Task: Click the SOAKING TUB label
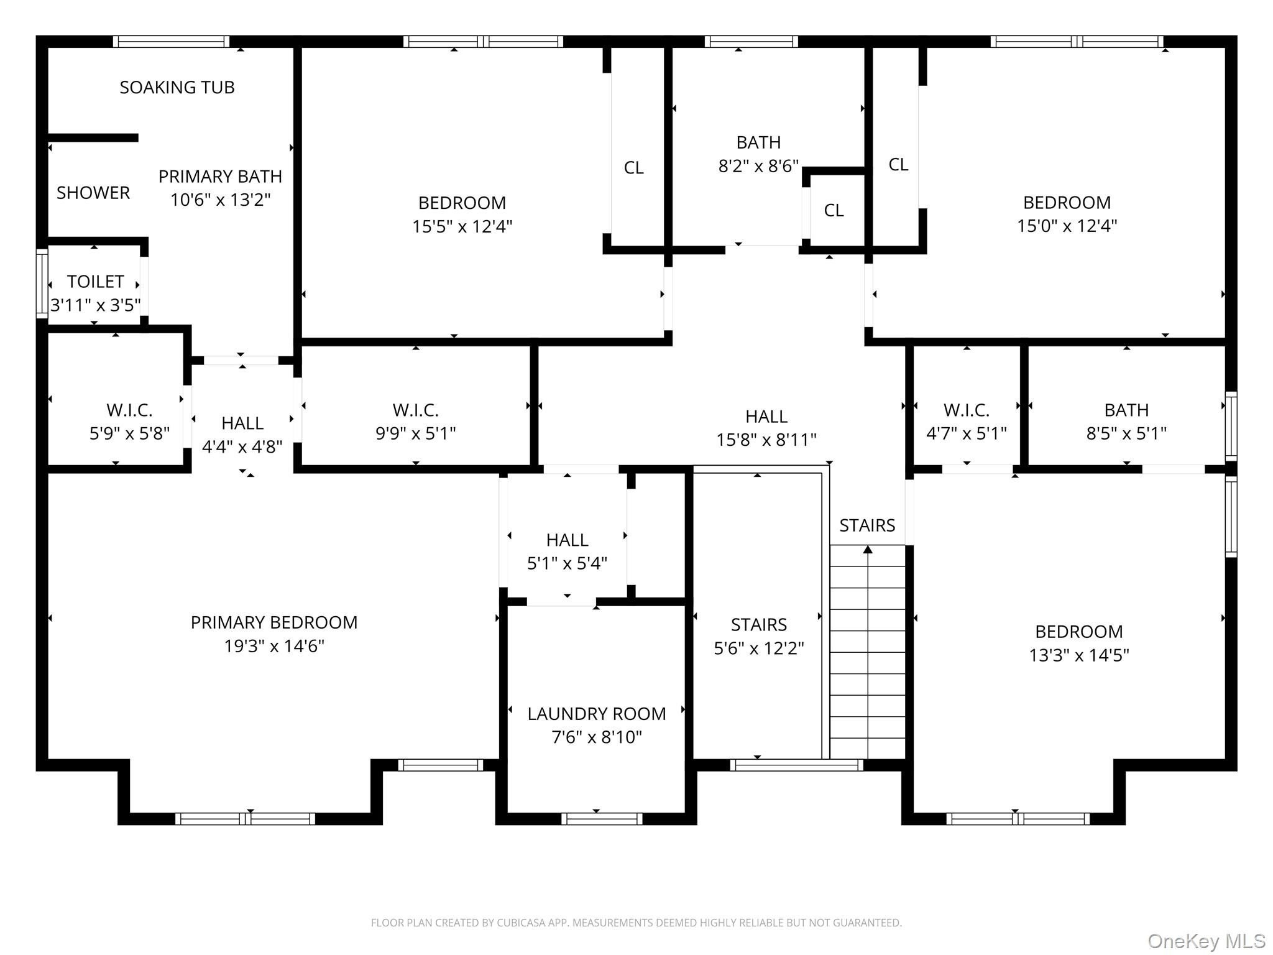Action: point(177,88)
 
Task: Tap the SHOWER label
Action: point(93,193)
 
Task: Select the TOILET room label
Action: point(96,282)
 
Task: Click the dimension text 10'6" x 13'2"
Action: point(221,200)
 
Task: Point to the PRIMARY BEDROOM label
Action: point(274,622)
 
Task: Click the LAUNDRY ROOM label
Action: point(597,714)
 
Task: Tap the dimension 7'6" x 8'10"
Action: point(597,737)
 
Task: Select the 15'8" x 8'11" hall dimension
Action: point(766,440)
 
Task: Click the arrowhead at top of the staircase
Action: point(868,549)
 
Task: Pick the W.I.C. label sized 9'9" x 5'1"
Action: point(416,410)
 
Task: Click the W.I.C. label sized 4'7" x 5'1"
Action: point(967,410)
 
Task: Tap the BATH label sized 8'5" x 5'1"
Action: point(1126,410)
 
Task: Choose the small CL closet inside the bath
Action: point(834,211)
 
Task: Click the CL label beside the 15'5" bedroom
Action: point(634,168)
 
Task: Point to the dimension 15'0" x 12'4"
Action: point(1067,226)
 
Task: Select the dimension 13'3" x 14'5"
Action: point(1079,655)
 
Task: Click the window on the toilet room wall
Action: point(42,284)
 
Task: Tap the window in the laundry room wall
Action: point(602,819)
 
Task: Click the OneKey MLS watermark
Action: point(1206,941)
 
